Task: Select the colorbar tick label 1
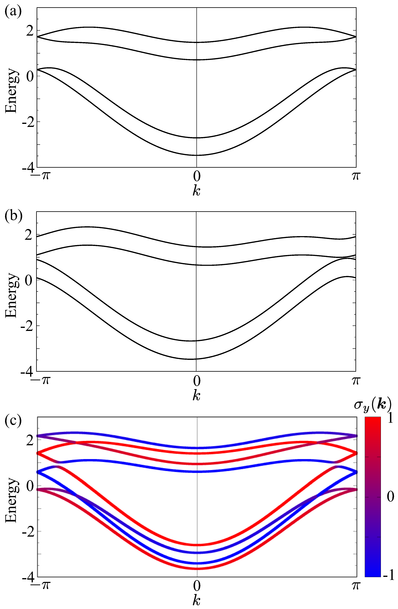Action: [390, 418]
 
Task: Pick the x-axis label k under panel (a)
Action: [196, 191]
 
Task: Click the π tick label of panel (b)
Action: [356, 380]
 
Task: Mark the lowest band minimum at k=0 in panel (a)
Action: [196, 155]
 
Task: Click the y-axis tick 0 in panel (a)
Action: [30, 76]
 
